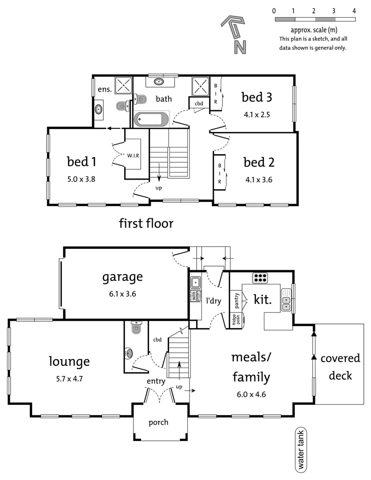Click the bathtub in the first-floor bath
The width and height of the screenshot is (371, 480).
point(151,119)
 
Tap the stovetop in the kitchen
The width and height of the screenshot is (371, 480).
point(259,278)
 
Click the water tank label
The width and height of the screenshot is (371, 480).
point(301,450)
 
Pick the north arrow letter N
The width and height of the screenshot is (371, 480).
point(241,46)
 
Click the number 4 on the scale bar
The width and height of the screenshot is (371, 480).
point(354,11)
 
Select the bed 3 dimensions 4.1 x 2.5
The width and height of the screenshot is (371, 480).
point(257,114)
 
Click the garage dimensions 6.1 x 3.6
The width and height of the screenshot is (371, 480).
point(122,293)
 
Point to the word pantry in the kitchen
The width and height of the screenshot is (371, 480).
point(237,301)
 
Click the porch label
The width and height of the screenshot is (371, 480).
point(158,422)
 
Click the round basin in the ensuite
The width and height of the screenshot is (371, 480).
point(99,109)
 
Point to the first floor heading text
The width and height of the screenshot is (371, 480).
point(146,223)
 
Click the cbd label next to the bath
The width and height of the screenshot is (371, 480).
point(199,104)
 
